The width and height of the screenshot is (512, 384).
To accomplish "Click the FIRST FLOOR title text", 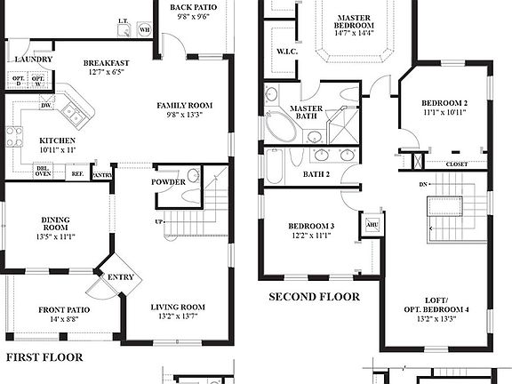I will (x=44, y=357).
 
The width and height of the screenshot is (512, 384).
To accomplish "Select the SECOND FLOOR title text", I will (x=315, y=297).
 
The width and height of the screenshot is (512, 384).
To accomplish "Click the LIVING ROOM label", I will (x=177, y=308).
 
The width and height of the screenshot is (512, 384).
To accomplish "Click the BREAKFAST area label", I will (x=107, y=63).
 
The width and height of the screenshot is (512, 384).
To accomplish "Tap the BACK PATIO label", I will (x=192, y=8).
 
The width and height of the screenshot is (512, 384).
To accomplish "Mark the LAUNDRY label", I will (x=34, y=60).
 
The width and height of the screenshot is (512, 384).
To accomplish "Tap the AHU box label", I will (x=372, y=225).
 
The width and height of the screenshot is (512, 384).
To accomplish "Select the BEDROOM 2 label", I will (x=444, y=104).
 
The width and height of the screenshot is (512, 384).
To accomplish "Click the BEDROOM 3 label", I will (x=311, y=227).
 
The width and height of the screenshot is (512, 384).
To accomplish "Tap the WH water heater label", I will (x=144, y=30).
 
